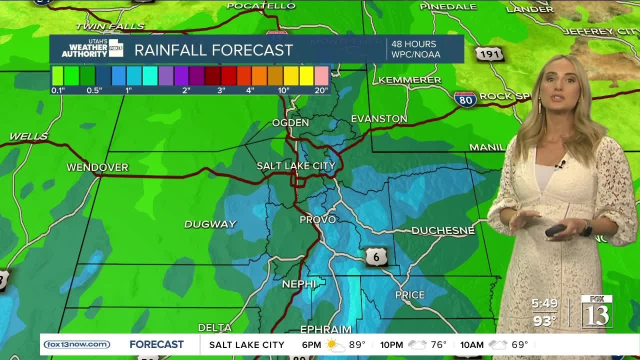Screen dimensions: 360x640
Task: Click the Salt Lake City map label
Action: tap(296, 165)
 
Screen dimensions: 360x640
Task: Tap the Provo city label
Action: tap(317, 219)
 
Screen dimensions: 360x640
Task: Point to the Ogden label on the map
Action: tap(290, 122)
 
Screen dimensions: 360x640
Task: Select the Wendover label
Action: tap(97, 167)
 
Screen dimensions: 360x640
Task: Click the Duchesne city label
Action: tap(443, 230)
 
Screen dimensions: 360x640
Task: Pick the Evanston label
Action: tap(379, 119)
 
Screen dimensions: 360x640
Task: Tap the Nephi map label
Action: tap(299, 284)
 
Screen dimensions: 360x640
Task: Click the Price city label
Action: tap(410, 295)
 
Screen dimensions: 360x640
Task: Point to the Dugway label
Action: tap(210, 224)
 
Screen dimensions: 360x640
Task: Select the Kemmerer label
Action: tap(409, 80)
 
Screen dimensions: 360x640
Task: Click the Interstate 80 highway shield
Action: tap(465, 99)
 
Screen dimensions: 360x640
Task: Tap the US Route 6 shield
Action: tap(376, 257)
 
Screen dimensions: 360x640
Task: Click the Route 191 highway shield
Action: tap(489, 54)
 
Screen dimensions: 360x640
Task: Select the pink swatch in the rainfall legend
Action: tap(321, 76)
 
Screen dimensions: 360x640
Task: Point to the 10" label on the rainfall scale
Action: tap(283, 90)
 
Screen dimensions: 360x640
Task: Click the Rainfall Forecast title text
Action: tap(213, 50)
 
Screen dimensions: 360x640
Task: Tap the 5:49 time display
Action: tap(544, 303)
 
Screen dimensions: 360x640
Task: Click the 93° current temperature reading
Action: tap(544, 320)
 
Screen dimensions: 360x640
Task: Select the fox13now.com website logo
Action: tap(77, 344)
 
